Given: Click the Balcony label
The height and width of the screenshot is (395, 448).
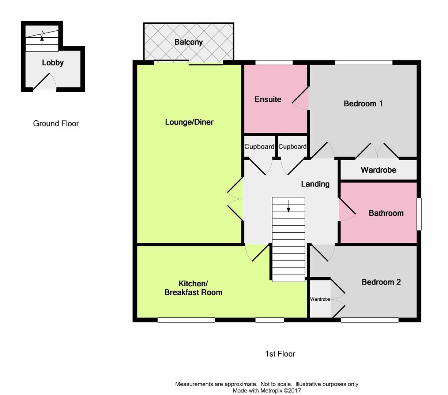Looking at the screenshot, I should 188,42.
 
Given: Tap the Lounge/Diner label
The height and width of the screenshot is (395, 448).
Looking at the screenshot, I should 189,122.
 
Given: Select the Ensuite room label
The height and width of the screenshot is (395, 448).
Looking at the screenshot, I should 268,99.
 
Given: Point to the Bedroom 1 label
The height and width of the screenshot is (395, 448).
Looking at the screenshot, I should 363,104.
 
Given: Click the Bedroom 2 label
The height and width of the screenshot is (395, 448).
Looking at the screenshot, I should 381,282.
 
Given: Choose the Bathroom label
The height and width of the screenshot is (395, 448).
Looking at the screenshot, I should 386,213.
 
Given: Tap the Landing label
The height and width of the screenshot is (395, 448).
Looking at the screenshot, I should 315,184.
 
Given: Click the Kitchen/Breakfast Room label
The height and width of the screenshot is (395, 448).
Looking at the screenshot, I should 193,288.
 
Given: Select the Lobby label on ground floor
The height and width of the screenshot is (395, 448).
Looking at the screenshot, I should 53,63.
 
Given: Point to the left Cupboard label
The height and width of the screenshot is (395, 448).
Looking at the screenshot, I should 259,147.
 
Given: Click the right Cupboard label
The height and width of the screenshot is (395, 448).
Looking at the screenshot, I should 292,147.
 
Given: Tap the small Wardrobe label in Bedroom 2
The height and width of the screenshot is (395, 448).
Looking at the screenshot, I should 320,299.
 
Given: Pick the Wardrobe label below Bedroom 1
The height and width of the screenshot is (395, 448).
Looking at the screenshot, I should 378,170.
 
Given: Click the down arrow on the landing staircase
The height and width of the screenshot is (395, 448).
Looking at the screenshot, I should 289,207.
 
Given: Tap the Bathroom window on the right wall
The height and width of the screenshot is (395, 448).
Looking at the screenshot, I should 419,214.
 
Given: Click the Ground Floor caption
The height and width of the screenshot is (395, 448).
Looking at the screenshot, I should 56,124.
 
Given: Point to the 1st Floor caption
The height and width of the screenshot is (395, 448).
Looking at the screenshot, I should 280,354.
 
